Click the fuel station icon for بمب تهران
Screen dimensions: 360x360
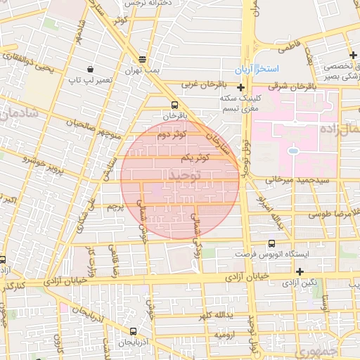pos(143,60)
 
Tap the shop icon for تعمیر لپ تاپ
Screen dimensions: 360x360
pos(91,69)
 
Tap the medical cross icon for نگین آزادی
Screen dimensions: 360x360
pos(300,271)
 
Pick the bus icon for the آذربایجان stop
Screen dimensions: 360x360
pos(133,331)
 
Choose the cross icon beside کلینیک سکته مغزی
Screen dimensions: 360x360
pos(241,88)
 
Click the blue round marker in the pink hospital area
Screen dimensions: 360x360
pos(292,150)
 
